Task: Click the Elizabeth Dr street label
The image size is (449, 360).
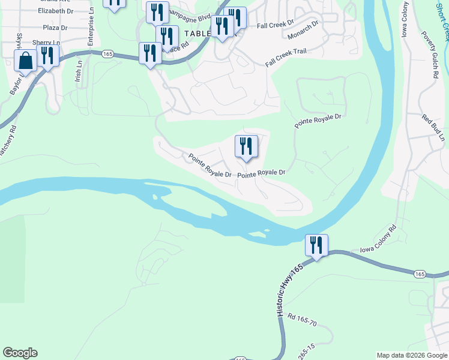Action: click(55, 11)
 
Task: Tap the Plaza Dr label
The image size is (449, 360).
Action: click(55, 28)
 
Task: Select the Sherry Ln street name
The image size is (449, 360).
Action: click(47, 43)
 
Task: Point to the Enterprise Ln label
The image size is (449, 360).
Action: click(91, 27)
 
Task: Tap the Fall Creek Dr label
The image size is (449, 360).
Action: click(275, 25)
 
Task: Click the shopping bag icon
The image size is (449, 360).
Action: click(26, 61)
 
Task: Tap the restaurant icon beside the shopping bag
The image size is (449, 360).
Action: click(48, 56)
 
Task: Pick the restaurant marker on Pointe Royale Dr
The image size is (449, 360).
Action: click(246, 146)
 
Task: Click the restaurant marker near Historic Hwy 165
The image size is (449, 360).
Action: click(316, 245)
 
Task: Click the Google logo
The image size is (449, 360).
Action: click(20, 353)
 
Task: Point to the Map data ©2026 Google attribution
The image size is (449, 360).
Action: click(411, 355)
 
